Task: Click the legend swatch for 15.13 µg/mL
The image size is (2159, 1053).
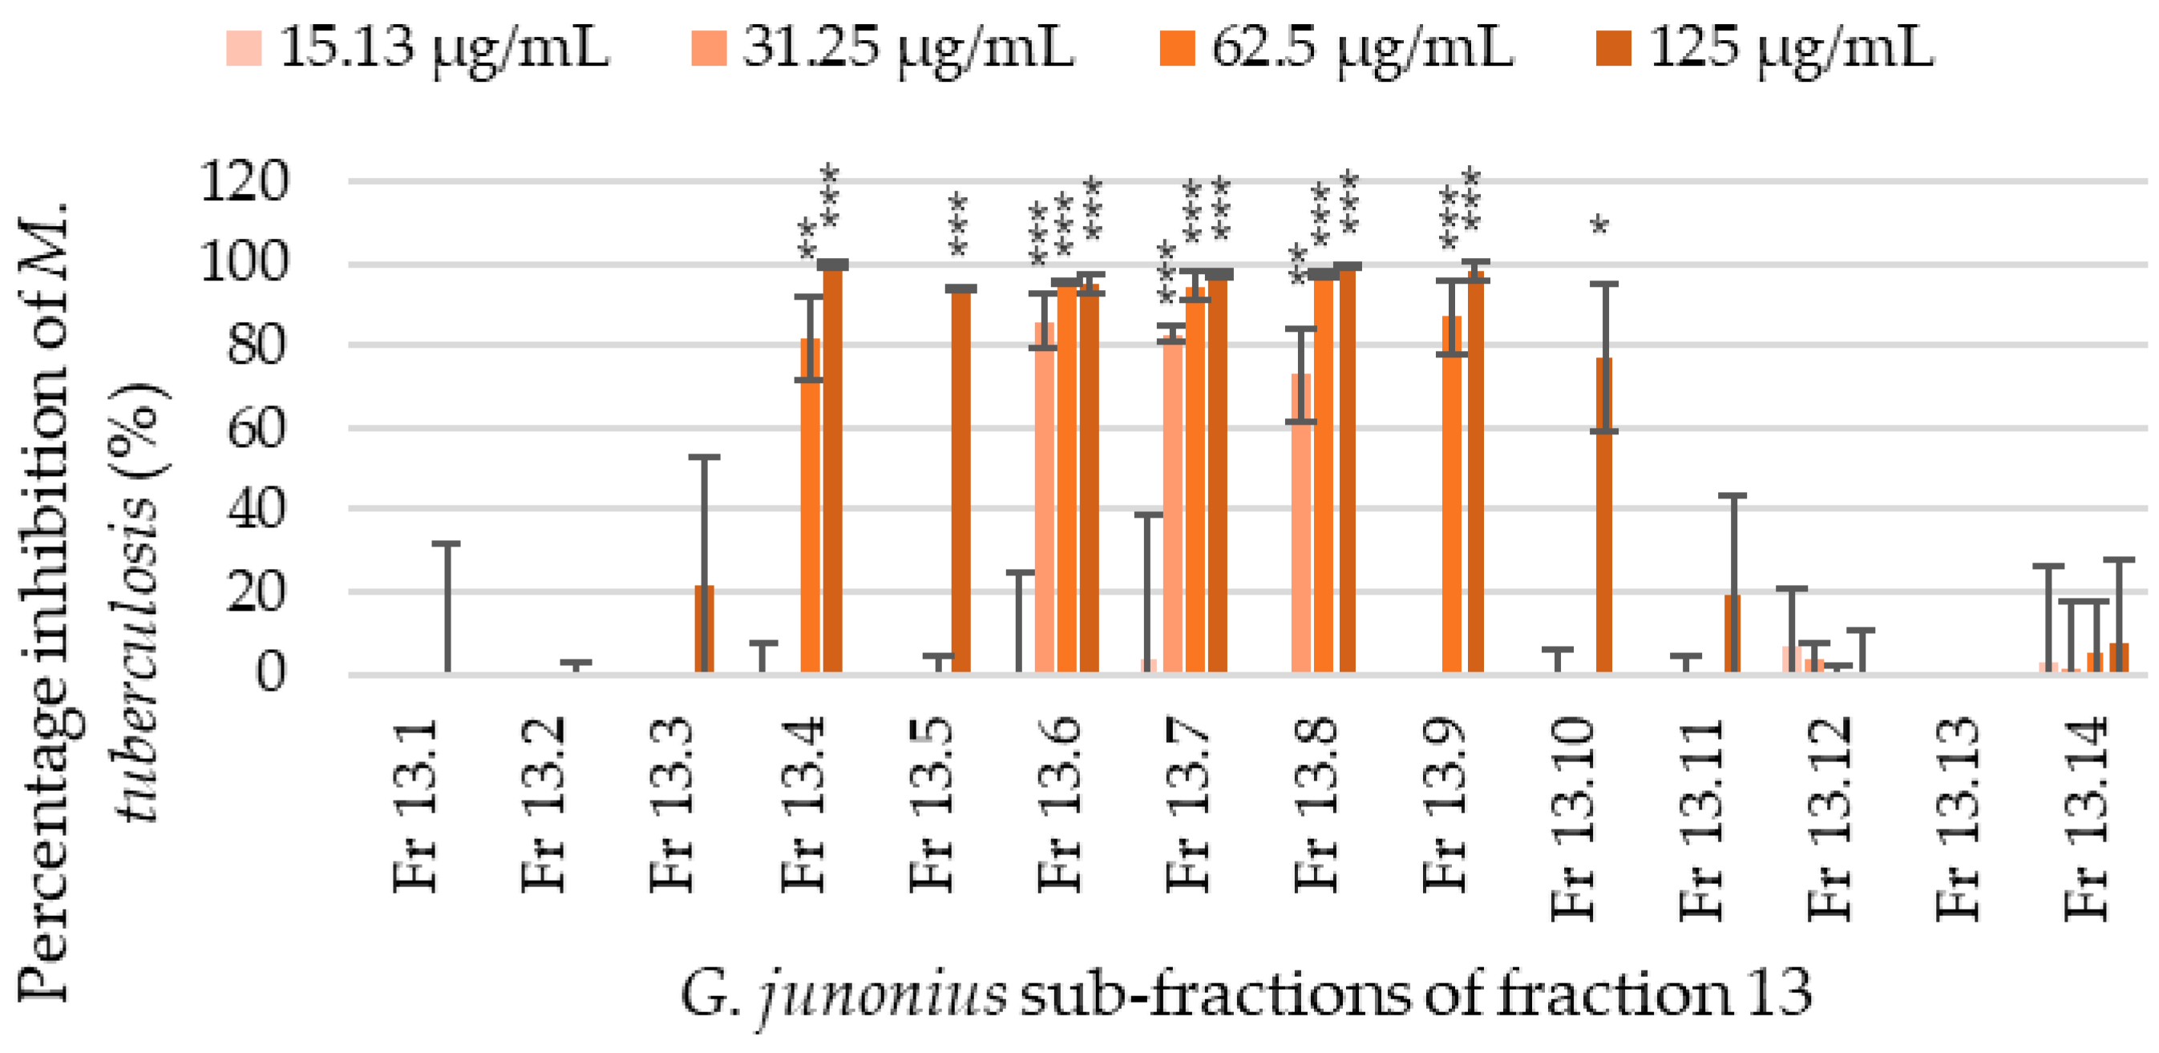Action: (x=244, y=48)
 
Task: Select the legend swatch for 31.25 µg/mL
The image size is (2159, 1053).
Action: (x=708, y=48)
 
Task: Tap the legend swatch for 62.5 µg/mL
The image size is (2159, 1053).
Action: (x=1176, y=48)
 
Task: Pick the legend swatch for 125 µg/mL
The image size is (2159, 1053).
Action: (x=1613, y=48)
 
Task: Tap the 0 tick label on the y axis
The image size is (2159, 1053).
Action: (x=271, y=672)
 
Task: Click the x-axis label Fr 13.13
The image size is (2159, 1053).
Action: (x=1959, y=818)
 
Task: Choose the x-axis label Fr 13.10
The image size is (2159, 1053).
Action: (x=1573, y=818)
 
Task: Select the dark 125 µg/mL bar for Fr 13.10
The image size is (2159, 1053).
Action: (x=1603, y=514)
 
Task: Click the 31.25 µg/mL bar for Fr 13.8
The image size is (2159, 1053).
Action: (x=1300, y=522)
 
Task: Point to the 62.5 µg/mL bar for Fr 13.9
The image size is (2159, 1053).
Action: (x=1452, y=494)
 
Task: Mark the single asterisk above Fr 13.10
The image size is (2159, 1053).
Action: (x=1600, y=225)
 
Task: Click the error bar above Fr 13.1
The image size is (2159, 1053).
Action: (x=446, y=607)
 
